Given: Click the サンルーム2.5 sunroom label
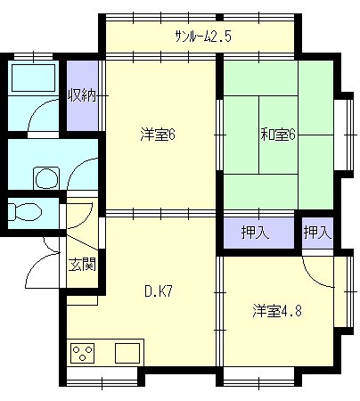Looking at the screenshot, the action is (203, 37).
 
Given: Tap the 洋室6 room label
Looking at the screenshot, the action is (158, 135).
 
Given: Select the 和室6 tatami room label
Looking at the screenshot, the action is (278, 135).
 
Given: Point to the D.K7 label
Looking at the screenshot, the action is (159, 291).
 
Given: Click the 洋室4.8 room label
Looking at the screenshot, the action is (277, 311).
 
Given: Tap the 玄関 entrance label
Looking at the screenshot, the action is (82, 265).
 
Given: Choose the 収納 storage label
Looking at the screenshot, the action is (82, 95).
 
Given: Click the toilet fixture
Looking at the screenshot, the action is (25, 212).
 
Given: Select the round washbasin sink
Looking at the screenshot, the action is (46, 178).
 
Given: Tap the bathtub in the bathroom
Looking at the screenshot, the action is (33, 78).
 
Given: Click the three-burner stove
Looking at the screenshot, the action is (83, 353).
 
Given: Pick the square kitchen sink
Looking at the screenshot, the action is (127, 353).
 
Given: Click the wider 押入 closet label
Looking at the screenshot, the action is (256, 232).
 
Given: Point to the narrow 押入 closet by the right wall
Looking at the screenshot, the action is (317, 232).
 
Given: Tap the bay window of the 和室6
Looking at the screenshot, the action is (344, 135).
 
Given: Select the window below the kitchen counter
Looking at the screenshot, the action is (102, 377).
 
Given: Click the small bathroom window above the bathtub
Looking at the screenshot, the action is (33, 56).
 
